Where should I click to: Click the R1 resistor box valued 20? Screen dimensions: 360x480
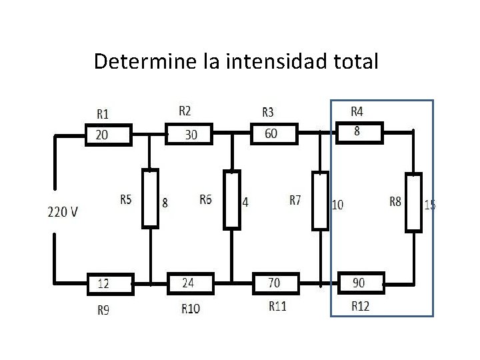coord(110,135)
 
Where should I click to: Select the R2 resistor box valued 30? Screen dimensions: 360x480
coord(191,134)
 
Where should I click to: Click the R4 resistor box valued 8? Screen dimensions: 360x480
coord(359,132)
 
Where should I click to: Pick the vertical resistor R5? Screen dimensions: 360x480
coord(151,199)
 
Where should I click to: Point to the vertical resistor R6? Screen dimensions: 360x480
coord(231,199)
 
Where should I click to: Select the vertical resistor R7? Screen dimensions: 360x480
coord(321,200)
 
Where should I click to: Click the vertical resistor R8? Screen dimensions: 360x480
coord(414,202)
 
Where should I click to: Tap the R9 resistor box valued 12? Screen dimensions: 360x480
coord(111,283)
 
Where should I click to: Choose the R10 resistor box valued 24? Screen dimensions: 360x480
coord(190,283)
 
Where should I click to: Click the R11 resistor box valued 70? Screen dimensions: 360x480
coord(276,283)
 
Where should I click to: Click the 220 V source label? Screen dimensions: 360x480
coord(63,212)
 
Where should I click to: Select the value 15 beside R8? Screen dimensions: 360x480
coord(431,205)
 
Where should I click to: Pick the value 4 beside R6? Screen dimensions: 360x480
coord(245,202)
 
